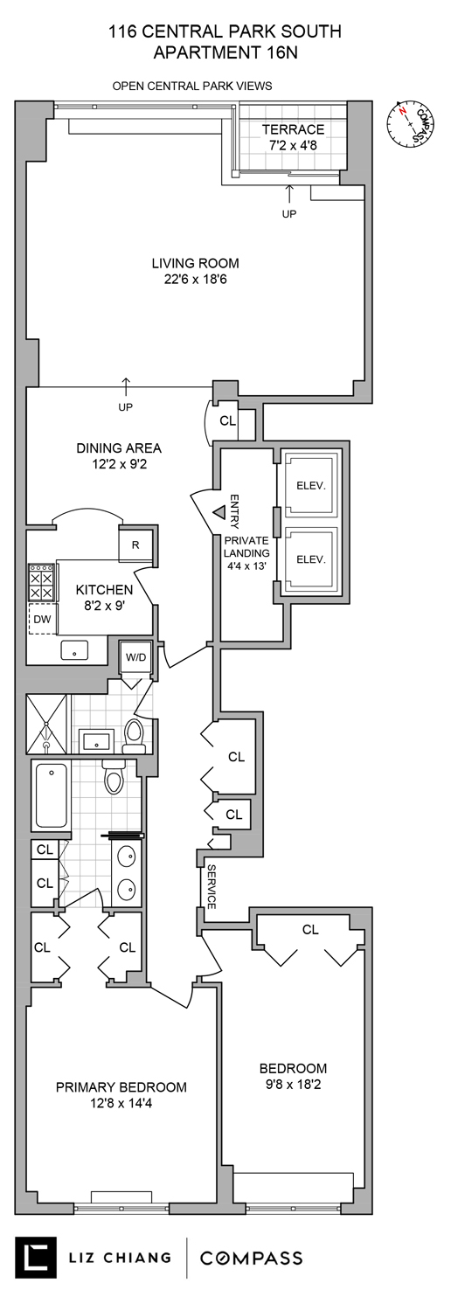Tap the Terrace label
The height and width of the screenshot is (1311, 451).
point(293,129)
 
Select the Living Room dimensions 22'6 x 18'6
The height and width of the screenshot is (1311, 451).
point(194,280)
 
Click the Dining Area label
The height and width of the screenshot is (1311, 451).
point(130,448)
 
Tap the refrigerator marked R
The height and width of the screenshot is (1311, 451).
point(135,545)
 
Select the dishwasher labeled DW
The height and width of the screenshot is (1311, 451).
point(41,619)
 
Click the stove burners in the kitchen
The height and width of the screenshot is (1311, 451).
point(41,579)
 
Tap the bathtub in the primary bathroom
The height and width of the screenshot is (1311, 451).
point(51,794)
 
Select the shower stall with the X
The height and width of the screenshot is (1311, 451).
point(46,724)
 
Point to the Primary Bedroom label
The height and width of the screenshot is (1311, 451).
point(121,1087)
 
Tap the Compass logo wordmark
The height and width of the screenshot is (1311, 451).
point(252,1259)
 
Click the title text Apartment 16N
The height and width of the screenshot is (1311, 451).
point(225,52)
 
